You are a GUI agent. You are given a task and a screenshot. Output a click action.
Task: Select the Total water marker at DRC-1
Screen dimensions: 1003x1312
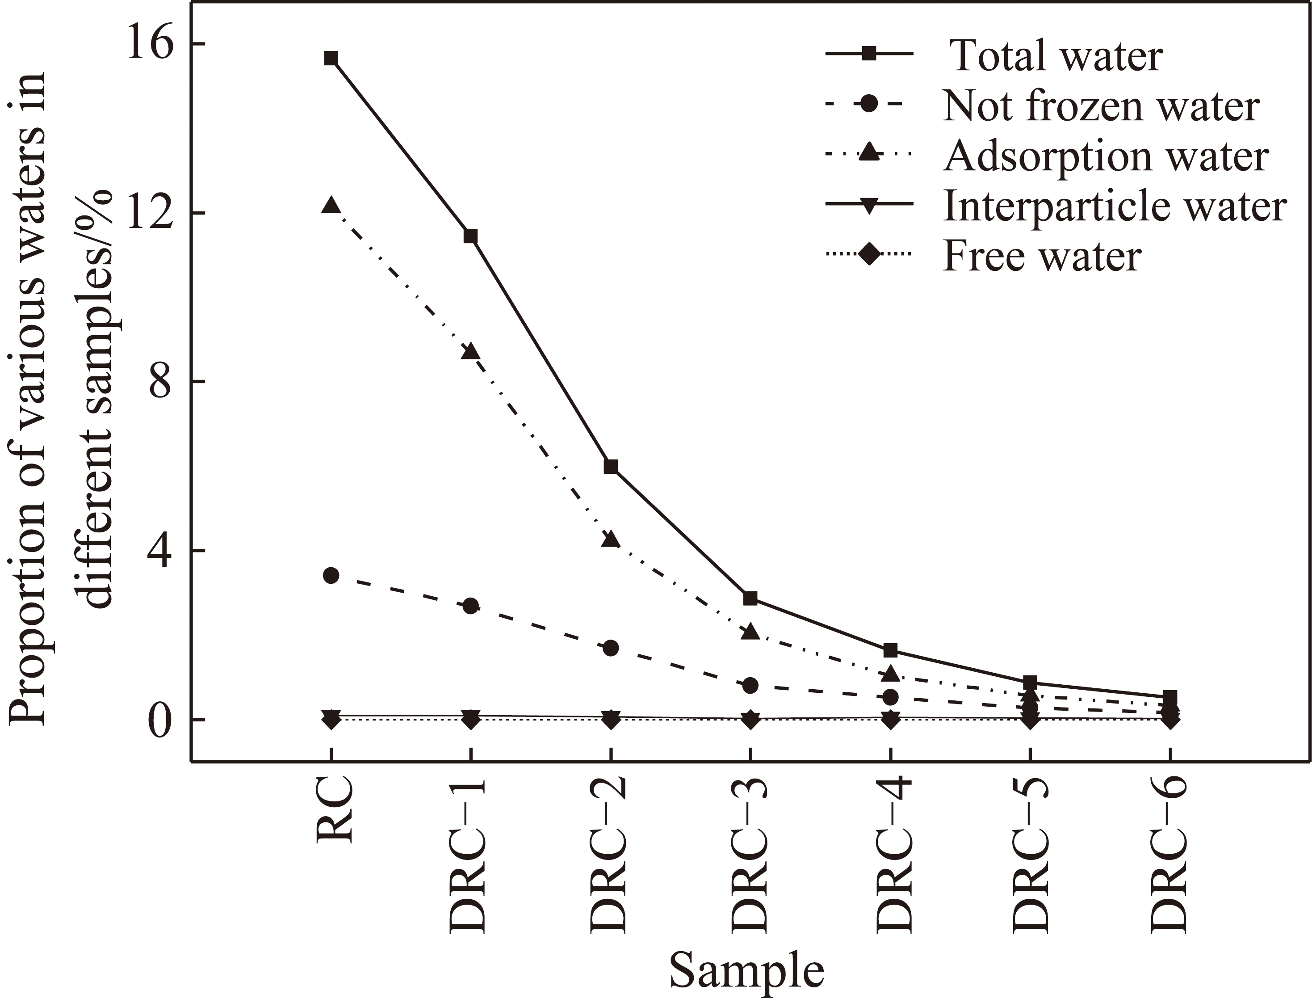pyautogui.click(x=471, y=236)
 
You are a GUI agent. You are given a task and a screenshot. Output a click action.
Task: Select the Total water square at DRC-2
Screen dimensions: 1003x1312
pyautogui.click(x=610, y=466)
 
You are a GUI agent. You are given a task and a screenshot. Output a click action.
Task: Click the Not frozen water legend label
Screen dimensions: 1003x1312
pyautogui.click(x=1101, y=106)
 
